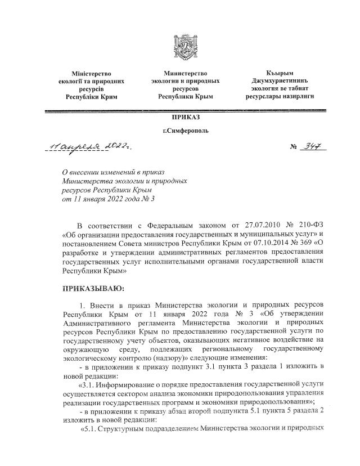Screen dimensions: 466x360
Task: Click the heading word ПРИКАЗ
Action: (185, 117)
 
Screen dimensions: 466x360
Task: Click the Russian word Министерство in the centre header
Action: (185, 73)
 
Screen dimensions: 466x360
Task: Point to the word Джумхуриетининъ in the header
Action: (280, 81)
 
